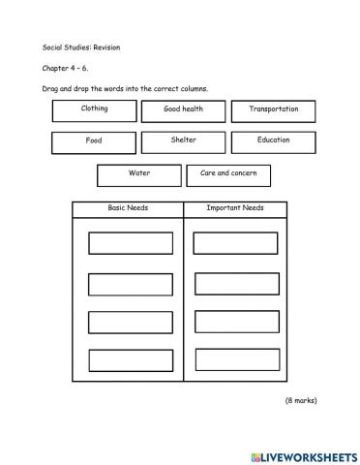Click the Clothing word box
[94, 110]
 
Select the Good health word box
[184, 110]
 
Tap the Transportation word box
[273, 110]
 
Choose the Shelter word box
[184, 141]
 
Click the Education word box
[273, 141]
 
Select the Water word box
[139, 174]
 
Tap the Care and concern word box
[228, 174]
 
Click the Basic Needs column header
[128, 208]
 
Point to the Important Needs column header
[235, 208]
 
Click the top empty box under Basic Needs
[131, 243]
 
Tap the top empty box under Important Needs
[236, 243]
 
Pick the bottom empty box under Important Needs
[236, 360]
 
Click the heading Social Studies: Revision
[80, 46]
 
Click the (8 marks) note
[300, 400]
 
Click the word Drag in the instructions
[52, 89]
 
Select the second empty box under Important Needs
[236, 283]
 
